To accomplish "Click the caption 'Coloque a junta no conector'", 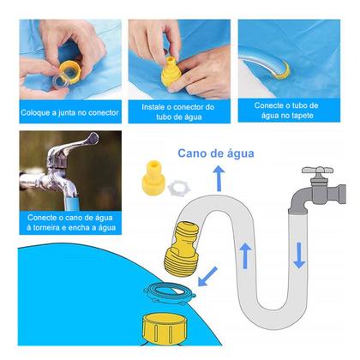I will [65, 111].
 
